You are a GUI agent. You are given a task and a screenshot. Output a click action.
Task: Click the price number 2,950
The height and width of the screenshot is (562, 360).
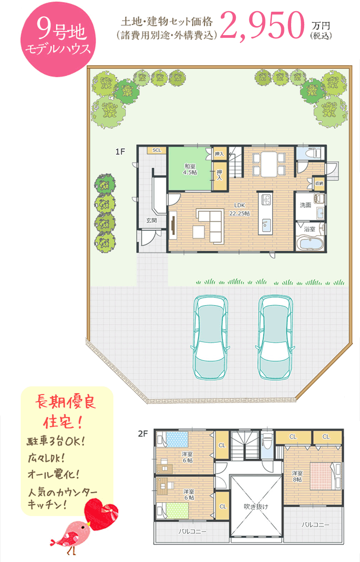click(262, 26)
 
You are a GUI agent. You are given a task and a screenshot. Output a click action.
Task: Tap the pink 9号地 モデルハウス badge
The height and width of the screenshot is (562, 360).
click(58, 39)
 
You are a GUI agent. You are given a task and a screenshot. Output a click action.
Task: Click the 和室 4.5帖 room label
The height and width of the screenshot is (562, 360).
click(190, 169)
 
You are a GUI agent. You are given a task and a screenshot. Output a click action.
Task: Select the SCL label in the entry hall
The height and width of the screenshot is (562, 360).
click(157, 150)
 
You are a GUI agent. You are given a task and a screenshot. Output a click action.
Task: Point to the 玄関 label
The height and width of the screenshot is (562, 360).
click(152, 221)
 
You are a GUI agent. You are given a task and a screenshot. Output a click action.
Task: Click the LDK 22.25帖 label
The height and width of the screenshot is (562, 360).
click(239, 209)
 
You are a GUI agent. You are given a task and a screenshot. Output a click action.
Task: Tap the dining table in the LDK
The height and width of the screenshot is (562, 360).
click(269, 164)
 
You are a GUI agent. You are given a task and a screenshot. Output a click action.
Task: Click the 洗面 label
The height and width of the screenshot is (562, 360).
click(306, 205)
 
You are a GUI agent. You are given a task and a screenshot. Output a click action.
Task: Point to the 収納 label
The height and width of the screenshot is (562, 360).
click(319, 183)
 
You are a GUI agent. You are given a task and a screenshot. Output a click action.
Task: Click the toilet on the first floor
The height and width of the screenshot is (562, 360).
click(313, 153)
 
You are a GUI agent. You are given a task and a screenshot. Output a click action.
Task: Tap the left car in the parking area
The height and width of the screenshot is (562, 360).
click(211, 337)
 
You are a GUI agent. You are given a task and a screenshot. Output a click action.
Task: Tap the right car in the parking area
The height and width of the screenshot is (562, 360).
click(275, 337)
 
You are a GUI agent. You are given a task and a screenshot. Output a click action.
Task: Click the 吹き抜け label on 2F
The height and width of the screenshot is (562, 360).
click(256, 506)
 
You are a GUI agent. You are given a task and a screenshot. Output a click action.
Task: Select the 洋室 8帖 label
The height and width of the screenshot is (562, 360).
click(297, 476)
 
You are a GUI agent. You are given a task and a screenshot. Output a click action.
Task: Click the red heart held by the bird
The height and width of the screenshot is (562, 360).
click(101, 514)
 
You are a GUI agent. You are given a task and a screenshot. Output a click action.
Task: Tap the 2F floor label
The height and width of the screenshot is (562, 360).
click(143, 434)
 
